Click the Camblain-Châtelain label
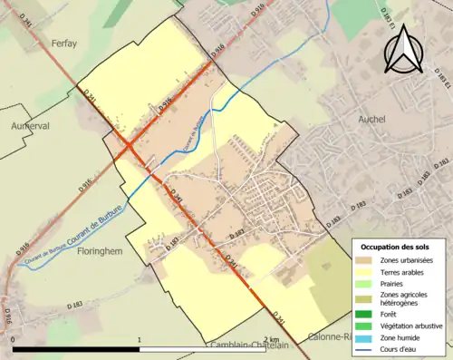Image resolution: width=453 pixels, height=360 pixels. pos(248,345)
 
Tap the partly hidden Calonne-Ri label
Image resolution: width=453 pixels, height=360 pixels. pos(330,337)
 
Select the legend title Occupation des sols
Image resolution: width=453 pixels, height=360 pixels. pos(396,247)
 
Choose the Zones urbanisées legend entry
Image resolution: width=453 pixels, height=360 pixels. pos(406,261)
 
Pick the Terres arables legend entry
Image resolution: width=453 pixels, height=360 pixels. pos(402,274)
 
